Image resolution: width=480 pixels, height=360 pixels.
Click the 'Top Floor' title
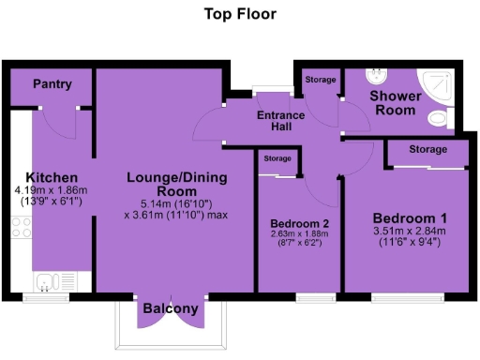[x=240, y=15]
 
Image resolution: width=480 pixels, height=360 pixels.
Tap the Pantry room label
[x=52, y=84]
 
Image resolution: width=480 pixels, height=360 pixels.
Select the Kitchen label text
[x=52, y=177]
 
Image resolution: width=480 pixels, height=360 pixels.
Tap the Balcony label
[x=170, y=308]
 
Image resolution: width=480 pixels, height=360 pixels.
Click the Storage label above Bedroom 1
[x=427, y=149]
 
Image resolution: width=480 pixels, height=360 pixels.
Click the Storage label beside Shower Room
[x=321, y=80]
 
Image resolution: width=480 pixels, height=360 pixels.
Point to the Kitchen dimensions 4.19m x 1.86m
[x=52, y=195]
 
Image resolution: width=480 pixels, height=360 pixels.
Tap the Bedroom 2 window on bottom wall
[x=310, y=297]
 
